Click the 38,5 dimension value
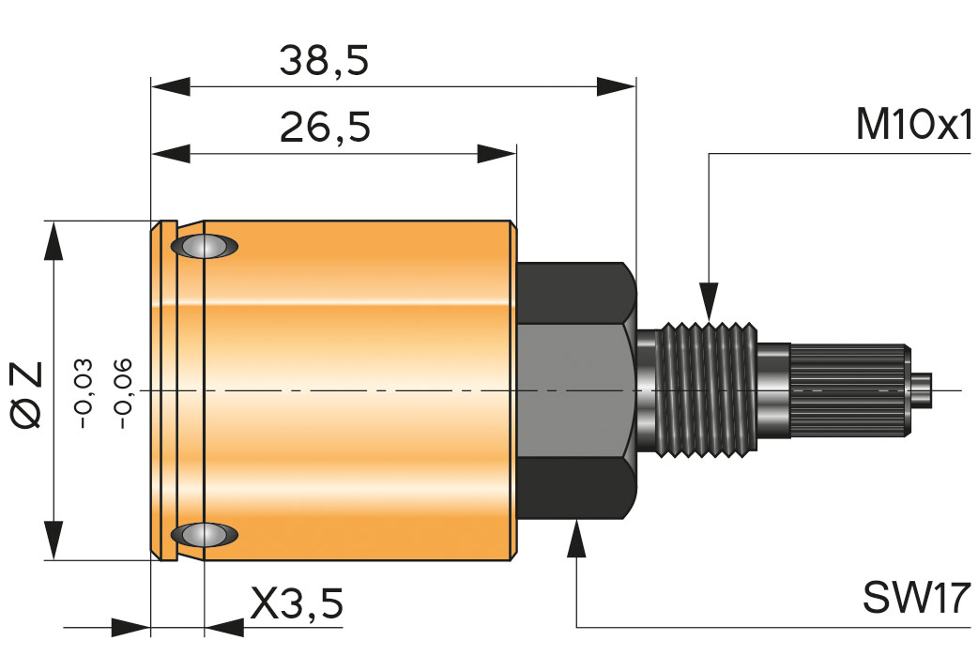pos(325,62)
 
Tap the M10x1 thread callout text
pos(911,125)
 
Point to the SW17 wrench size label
pos(914,597)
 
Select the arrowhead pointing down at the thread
pos(709,302)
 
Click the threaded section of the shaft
pos(710,389)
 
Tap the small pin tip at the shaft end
pos(925,389)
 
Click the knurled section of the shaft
pos(849,389)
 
